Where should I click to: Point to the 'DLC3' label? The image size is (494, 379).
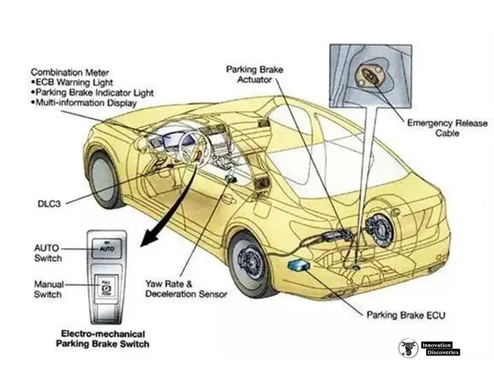pyautogui.click(x=49, y=204)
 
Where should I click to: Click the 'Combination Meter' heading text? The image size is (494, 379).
pyautogui.click(x=70, y=72)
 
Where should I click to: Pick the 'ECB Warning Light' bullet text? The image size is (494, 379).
pyautogui.click(x=73, y=82)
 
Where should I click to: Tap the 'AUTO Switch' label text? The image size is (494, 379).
pyautogui.click(x=48, y=253)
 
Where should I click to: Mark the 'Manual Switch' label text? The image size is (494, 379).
pyautogui.click(x=48, y=290)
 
